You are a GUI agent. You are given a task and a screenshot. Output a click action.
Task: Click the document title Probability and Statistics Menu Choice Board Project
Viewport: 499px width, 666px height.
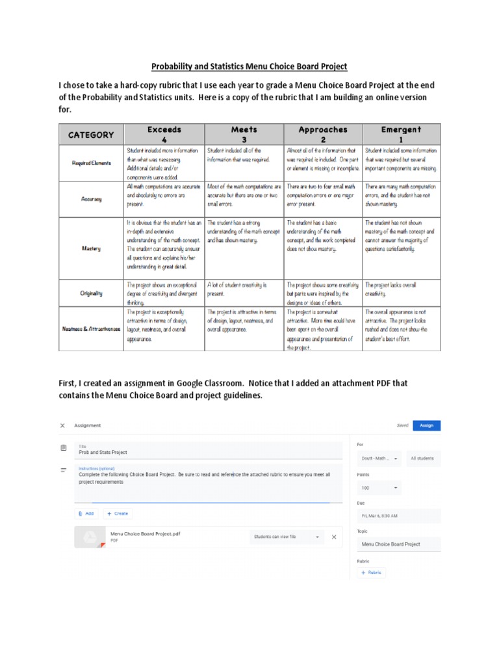click(249, 66)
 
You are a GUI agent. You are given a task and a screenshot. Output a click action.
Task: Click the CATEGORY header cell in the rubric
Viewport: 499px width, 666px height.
click(91, 135)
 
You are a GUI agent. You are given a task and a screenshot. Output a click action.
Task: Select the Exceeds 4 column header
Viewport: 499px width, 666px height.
click(164, 134)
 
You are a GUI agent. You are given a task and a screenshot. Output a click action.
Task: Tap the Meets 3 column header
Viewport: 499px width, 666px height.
click(244, 134)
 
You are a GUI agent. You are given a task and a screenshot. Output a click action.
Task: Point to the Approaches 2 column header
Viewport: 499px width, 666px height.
click(322, 134)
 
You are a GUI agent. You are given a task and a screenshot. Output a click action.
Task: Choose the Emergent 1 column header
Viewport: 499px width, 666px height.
click(401, 134)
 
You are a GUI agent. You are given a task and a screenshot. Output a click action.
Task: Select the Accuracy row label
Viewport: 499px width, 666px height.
click(91, 199)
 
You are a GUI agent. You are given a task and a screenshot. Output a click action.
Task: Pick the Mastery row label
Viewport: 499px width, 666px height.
click(91, 248)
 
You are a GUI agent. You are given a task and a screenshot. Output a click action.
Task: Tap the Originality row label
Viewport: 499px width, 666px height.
click(91, 293)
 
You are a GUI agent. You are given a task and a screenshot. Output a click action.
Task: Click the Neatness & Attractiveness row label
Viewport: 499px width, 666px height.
click(91, 329)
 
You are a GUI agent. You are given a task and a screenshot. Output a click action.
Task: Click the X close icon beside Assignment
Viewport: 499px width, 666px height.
click(62, 425)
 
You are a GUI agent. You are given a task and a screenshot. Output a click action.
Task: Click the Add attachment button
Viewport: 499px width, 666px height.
click(86, 513)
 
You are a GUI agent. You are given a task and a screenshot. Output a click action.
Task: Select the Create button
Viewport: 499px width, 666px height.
click(118, 513)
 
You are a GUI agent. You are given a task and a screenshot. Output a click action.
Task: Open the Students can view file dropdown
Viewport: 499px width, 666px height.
click(286, 537)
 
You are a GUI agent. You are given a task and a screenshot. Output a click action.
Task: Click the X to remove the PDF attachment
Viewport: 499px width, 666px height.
click(334, 537)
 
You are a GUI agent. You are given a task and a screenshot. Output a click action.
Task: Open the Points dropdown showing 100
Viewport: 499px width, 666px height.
click(379, 487)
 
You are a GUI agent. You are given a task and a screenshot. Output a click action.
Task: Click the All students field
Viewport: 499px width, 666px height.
click(422, 459)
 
